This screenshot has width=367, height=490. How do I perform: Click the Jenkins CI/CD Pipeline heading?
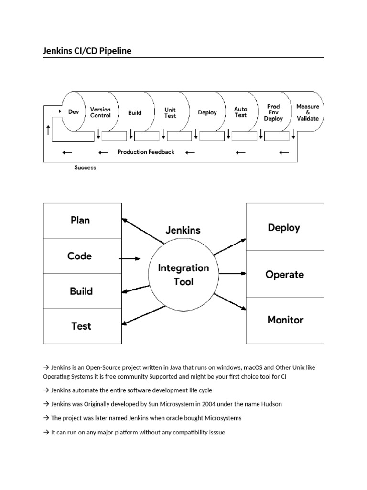(x=87, y=51)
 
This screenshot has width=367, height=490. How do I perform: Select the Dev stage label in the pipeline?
(x=74, y=112)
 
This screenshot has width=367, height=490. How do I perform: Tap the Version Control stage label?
(x=100, y=112)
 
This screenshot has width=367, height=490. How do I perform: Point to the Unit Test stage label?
(x=170, y=113)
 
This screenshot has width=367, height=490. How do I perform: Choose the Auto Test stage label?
(x=241, y=112)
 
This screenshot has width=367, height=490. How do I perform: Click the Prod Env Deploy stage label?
(x=273, y=112)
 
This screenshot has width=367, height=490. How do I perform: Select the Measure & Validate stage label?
(x=308, y=112)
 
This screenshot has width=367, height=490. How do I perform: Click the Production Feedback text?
(x=146, y=152)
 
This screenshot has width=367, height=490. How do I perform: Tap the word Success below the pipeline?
(x=85, y=167)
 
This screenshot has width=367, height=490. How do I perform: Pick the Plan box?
(x=82, y=221)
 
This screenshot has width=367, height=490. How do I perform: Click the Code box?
(x=82, y=256)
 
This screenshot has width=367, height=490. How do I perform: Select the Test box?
(x=82, y=326)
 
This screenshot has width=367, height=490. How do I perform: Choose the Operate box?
(x=285, y=274)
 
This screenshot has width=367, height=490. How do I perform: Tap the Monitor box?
(x=285, y=320)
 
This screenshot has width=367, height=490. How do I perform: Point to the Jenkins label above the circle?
(x=183, y=230)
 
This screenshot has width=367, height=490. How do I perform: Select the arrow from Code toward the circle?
(x=130, y=259)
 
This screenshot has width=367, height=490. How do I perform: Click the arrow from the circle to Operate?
(x=233, y=273)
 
